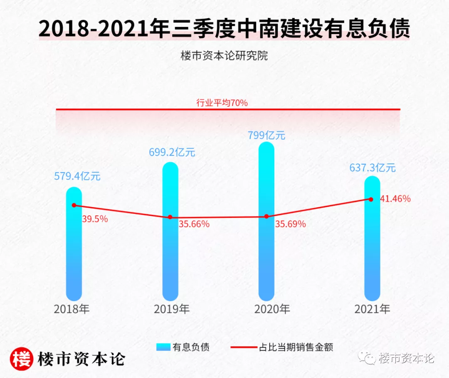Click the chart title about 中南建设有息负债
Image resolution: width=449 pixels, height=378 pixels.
224,29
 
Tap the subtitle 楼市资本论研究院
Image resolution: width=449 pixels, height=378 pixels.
224,55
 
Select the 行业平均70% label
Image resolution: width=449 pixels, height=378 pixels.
222,103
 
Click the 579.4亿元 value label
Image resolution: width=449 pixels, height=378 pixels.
77,176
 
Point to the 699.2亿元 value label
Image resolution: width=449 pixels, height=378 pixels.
172,152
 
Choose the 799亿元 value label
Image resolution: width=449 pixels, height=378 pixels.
267,135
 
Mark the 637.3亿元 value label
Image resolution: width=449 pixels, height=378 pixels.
372,168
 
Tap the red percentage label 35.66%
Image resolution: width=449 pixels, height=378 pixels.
194,224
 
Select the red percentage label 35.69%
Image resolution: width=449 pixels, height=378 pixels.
291,224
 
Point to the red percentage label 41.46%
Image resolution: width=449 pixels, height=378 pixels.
395,199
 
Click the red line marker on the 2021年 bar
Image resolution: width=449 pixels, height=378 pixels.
371,199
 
